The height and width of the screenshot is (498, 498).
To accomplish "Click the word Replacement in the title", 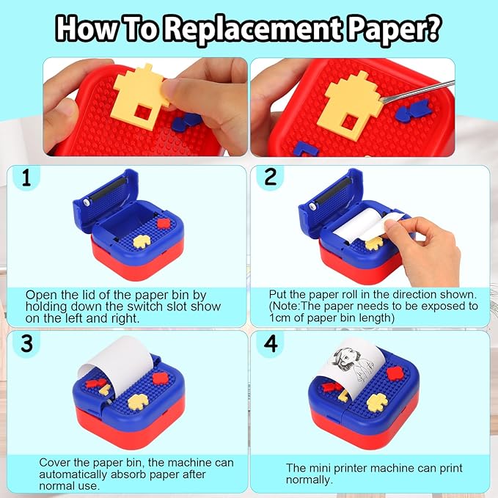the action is [x=254, y=29].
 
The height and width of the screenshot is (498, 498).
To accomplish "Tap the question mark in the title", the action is [x=431, y=29].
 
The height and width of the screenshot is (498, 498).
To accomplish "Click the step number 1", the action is [x=26, y=177].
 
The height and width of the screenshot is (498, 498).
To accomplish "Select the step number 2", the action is [x=271, y=177].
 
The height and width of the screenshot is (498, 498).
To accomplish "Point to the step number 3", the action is [x=26, y=343].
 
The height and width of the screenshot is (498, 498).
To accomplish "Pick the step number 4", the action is [x=271, y=344].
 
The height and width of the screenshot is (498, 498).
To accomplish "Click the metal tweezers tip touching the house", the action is [x=383, y=100].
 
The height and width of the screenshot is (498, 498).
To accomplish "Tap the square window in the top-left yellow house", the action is [x=142, y=113].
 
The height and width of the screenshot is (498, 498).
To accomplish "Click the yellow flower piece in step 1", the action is [x=142, y=241].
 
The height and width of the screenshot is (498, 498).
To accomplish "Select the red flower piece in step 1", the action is [x=164, y=223].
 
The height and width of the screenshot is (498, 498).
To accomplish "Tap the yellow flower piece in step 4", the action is [x=377, y=403].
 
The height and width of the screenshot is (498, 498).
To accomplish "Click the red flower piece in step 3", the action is [x=161, y=378].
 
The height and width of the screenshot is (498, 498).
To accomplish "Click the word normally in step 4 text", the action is [x=308, y=480].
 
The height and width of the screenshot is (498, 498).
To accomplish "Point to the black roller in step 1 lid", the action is [x=107, y=190].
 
